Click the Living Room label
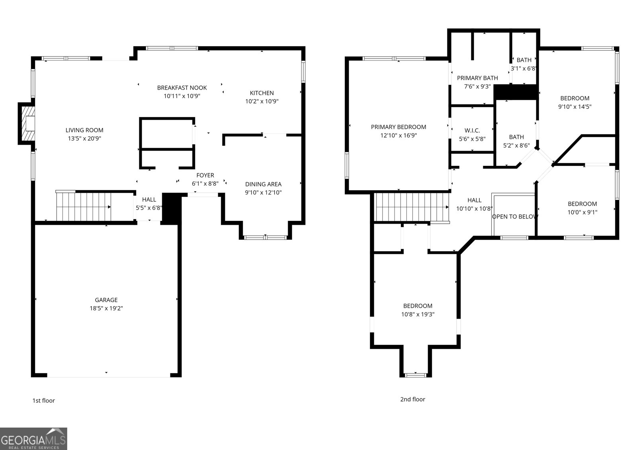[84, 130]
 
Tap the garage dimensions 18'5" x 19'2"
[106, 308]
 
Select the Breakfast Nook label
[182, 88]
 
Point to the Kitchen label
[262, 93]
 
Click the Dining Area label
[263, 184]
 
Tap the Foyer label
[205, 175]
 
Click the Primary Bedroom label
[399, 127]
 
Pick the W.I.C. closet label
[472, 130]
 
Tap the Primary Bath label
[477, 78]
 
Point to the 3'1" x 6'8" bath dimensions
[524, 68]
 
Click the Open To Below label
[515, 216]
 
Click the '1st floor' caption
[43, 401]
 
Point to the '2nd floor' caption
[412, 399]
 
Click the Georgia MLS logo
[33, 439]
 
